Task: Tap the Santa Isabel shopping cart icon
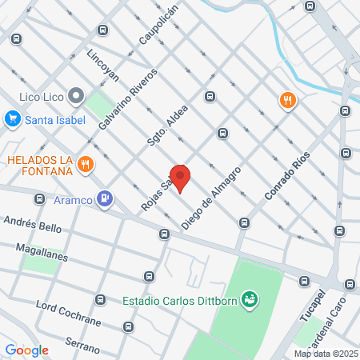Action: tap(12, 120)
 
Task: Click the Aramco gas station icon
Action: tap(104, 198)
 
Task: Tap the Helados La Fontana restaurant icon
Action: tap(86, 166)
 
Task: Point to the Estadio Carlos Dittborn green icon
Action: tap(250, 300)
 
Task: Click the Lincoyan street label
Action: tap(102, 69)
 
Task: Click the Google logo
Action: tap(26, 350)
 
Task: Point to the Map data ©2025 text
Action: tap(325, 354)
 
